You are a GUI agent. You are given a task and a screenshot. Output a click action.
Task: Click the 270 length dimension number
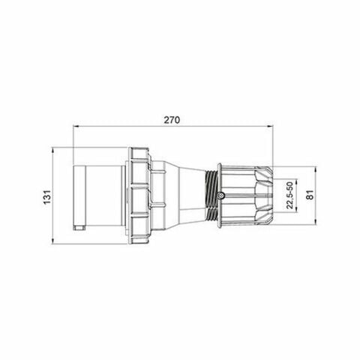coord(173,119)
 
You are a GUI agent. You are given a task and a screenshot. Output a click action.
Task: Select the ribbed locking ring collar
coord(141,196)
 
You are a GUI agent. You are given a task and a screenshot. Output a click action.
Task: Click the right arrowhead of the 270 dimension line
coord(272,127)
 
